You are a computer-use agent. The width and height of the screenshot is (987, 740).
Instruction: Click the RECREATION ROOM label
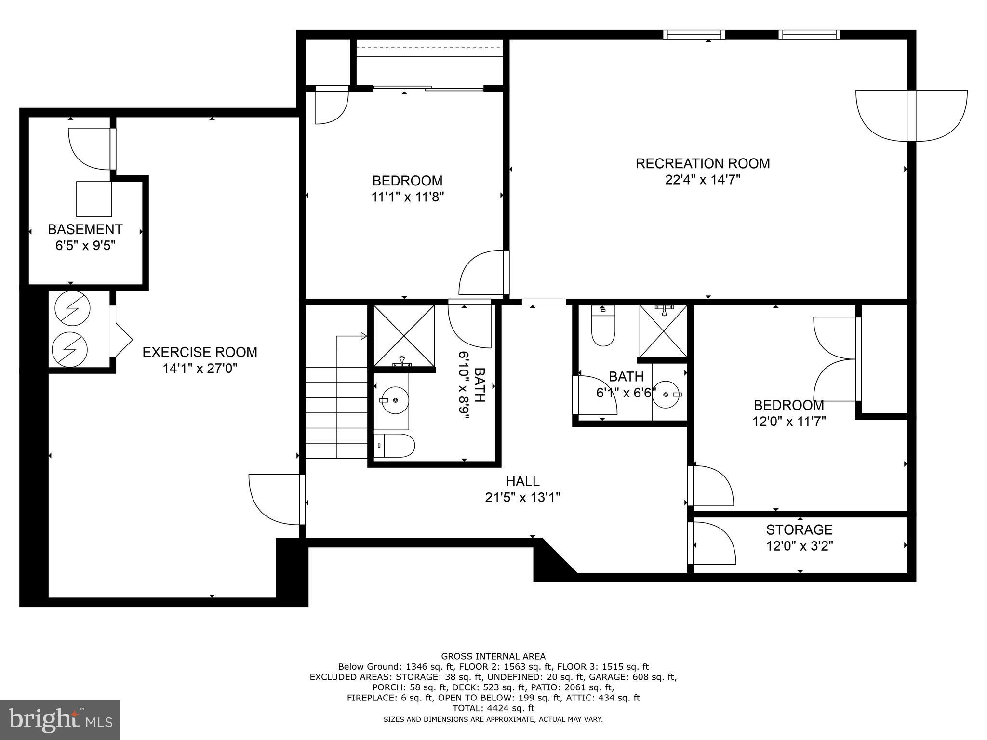702,163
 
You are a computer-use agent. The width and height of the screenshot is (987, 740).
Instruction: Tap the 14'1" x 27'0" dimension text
200,369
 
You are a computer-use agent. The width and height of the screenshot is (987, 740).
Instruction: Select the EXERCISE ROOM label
200,352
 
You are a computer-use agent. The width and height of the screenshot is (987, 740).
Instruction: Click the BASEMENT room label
85,229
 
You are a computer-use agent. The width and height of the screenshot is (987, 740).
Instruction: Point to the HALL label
522,481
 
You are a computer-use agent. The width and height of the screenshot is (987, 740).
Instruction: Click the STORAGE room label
799,529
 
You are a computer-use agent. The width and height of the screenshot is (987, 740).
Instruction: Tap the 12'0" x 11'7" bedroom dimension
789,421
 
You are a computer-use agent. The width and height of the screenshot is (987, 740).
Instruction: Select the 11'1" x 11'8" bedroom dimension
407,197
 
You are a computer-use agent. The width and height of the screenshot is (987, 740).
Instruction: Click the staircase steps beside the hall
336,412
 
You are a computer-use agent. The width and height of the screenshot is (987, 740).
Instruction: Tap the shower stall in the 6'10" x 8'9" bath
404,335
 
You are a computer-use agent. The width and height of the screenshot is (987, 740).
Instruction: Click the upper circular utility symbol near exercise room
72,308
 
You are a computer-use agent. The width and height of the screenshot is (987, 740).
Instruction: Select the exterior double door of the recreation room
911,116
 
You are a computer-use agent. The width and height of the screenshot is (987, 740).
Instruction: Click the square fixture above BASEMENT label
94,199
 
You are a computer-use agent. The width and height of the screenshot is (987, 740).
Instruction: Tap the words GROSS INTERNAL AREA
493,656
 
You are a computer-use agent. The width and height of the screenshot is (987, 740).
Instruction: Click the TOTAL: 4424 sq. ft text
493,708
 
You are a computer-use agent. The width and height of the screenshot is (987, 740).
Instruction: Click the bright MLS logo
60,720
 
